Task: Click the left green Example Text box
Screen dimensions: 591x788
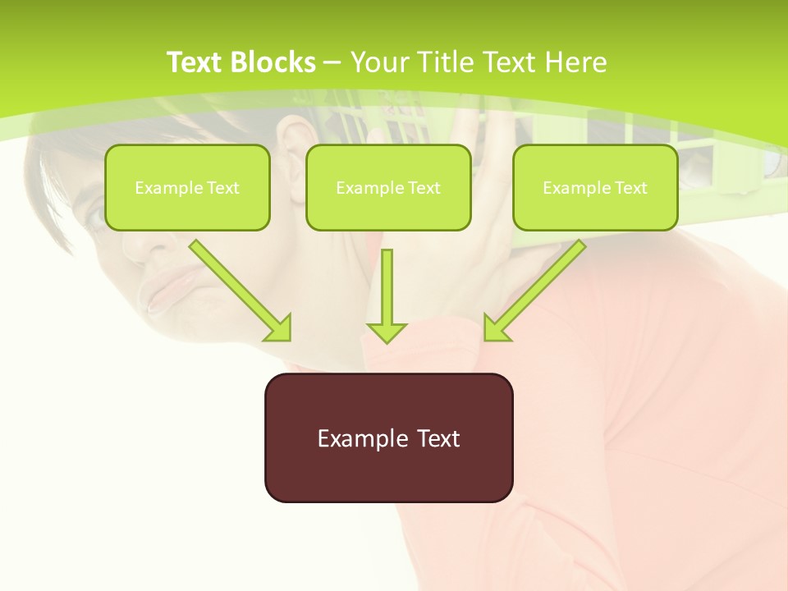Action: (187, 187)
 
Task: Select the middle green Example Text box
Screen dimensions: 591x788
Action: (388, 187)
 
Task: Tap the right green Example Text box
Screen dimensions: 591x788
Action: (595, 187)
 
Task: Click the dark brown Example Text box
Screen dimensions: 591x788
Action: (388, 438)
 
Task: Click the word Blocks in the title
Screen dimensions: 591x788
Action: (274, 62)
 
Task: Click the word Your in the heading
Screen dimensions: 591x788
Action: (378, 62)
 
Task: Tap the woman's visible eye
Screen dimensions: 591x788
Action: (97, 215)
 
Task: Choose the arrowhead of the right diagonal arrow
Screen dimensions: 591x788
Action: (496, 328)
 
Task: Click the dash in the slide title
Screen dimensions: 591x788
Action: (332, 63)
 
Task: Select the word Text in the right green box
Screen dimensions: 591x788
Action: (630, 188)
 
